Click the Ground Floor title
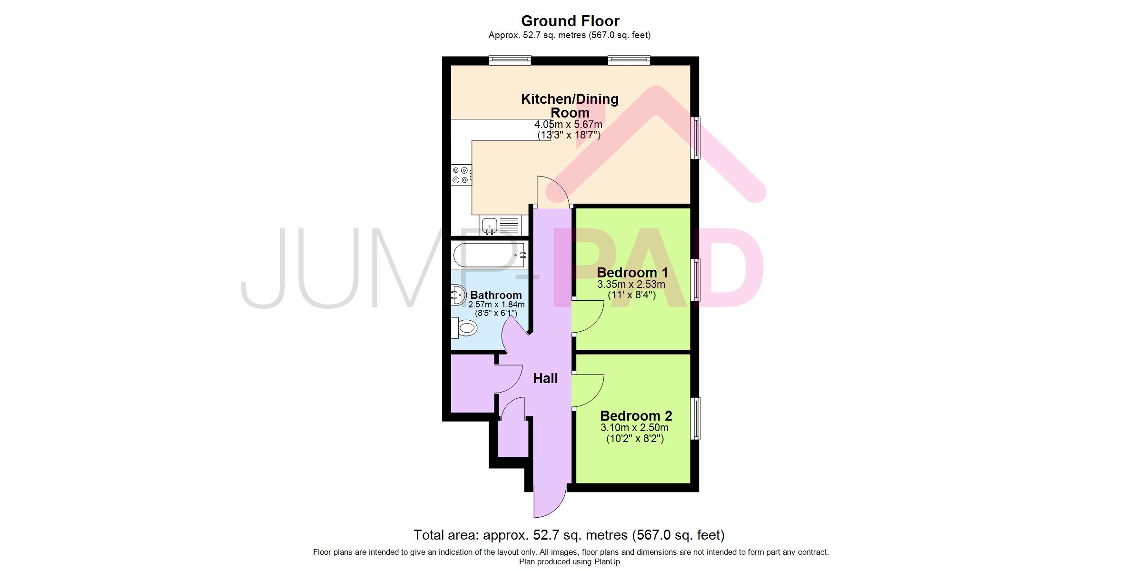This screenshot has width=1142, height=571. pyautogui.click(x=570, y=21)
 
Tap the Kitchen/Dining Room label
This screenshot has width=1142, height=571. pyautogui.click(x=570, y=106)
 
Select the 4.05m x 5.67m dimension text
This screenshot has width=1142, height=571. pyautogui.click(x=569, y=125)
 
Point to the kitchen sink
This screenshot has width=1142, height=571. pyautogui.click(x=156, y=225)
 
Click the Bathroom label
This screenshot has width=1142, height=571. pyautogui.click(x=496, y=295)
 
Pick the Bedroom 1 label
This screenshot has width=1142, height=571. pyautogui.click(x=632, y=273)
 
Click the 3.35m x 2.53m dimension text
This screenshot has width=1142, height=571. pyautogui.click(x=631, y=285)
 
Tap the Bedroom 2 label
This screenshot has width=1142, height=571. pyautogui.click(x=636, y=416)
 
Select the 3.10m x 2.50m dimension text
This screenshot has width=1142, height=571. pyautogui.click(x=635, y=428)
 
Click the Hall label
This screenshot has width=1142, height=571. pyautogui.click(x=545, y=378)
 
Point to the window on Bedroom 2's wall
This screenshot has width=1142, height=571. pyautogui.click(x=695, y=418)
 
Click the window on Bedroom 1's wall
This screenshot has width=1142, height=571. pyautogui.click(x=695, y=280)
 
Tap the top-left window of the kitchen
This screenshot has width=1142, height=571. pyautogui.click(x=510, y=60)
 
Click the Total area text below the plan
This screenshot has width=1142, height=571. pyautogui.click(x=569, y=535)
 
